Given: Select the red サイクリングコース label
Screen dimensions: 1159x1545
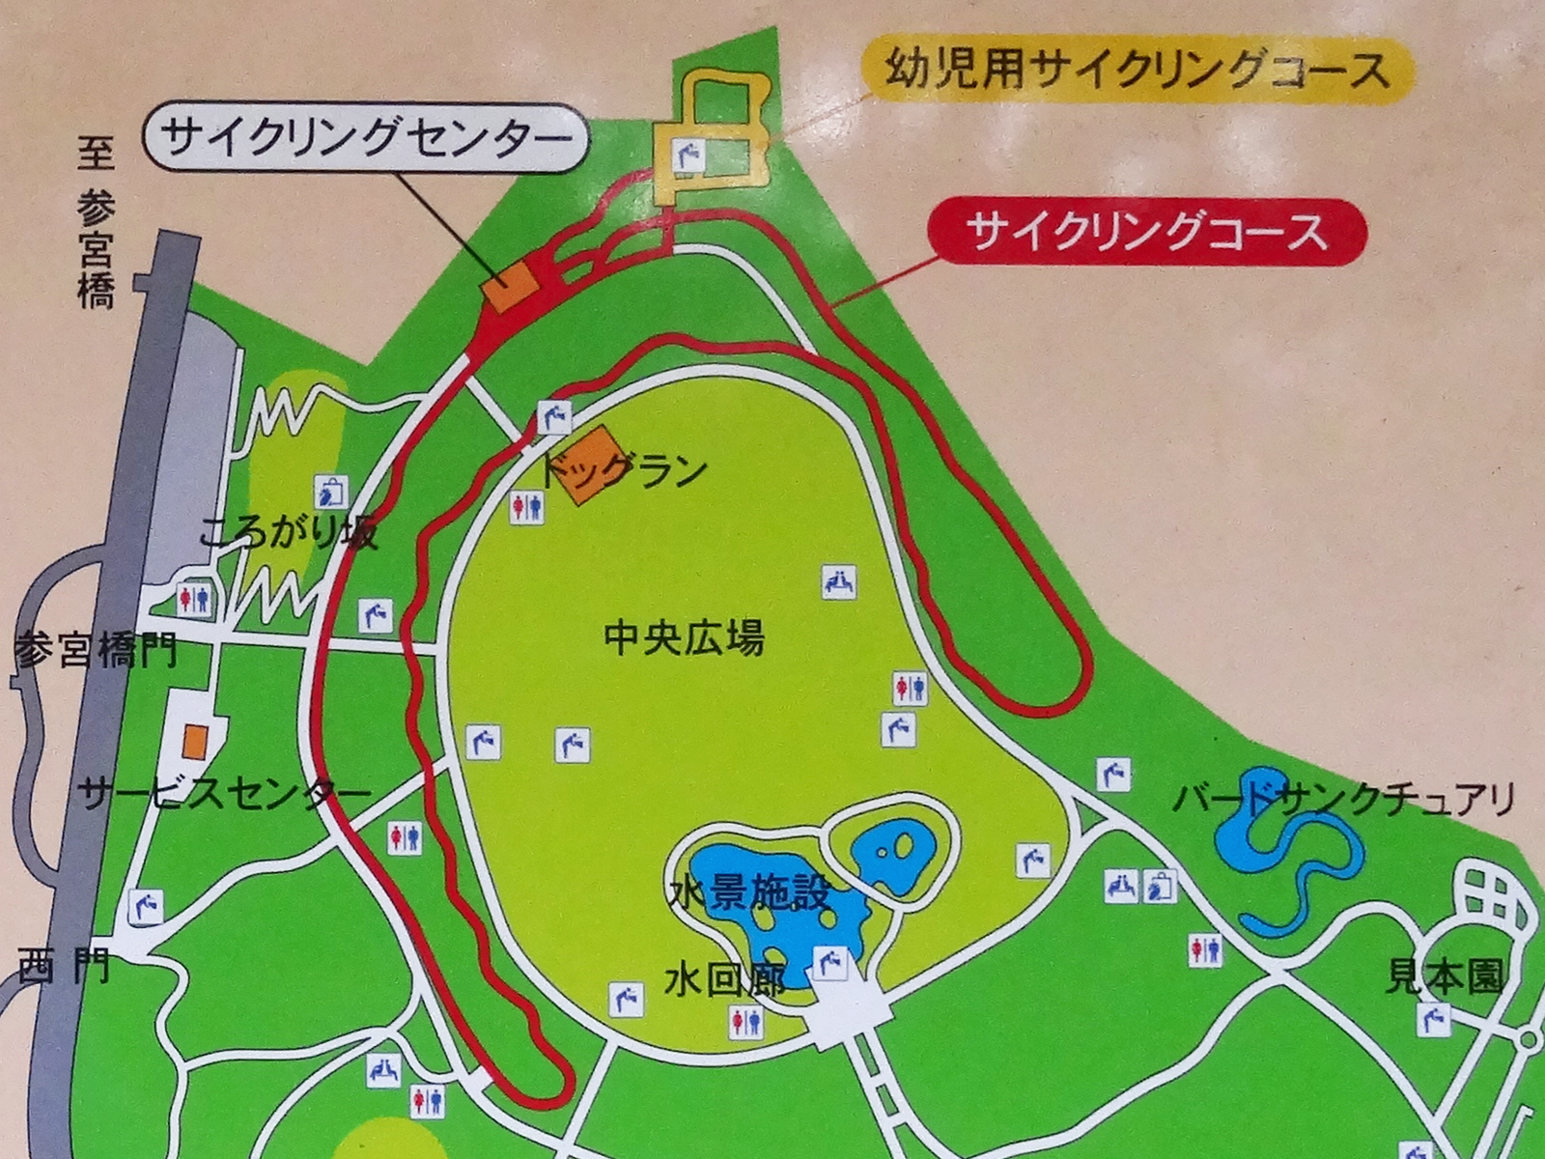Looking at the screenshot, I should pos(1146,233).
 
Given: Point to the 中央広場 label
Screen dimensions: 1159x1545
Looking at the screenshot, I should pos(684,638).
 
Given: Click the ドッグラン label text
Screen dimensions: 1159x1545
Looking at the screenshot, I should pos(624,471).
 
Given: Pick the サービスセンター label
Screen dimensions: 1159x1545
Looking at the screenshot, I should pos(225,795).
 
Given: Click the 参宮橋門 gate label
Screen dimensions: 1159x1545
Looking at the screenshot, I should pos(95,652).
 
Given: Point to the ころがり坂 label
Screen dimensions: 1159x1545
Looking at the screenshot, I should pos(288,532).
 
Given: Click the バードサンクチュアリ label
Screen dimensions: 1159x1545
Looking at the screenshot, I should pos(1343,799).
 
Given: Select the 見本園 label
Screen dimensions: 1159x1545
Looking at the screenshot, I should pos(1445,978).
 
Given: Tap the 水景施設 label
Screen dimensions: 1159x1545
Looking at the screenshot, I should pos(748,893).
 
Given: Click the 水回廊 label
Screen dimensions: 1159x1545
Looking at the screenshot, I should pos(722,981).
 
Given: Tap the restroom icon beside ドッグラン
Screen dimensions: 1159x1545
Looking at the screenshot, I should pos(527,507).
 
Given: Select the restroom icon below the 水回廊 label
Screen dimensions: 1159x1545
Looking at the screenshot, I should pos(746,1022).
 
